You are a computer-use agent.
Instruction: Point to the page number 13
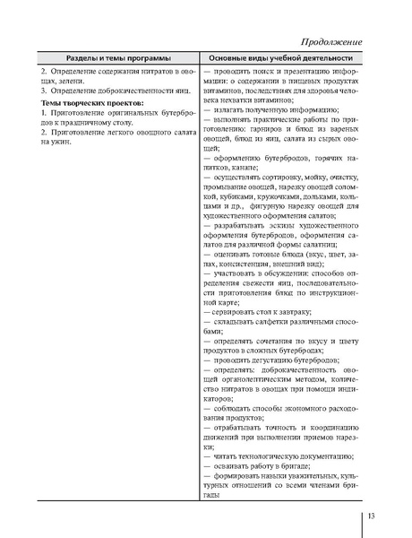[x=373, y=515]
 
